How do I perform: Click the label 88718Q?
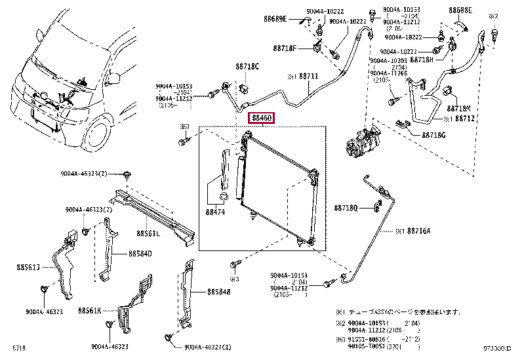pos(346,208)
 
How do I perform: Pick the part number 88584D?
pos(140,253)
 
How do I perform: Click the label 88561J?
pos(30,267)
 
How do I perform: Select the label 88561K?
pos(90,310)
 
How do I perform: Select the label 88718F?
pos(285,49)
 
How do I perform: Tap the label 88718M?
pos(461,108)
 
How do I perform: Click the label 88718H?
pos(421,59)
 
